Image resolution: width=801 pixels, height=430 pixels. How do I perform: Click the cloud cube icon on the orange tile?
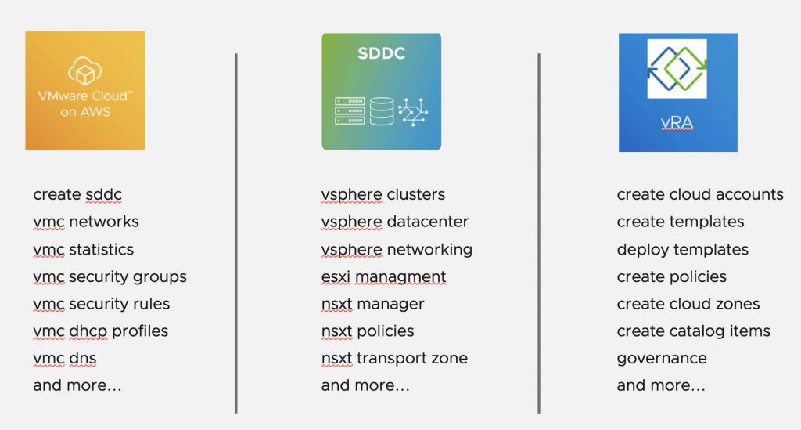[x=84, y=70]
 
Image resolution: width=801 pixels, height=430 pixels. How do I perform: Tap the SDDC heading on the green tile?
[x=381, y=53]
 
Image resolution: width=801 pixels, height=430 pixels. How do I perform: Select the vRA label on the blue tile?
[x=677, y=123]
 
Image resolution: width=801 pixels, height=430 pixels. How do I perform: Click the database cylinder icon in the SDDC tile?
[x=381, y=111]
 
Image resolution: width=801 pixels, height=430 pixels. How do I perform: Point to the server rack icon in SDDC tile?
[x=350, y=111]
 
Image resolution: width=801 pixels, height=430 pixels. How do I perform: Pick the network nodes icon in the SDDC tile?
[x=413, y=111]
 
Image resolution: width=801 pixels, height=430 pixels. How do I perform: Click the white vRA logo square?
[x=677, y=68]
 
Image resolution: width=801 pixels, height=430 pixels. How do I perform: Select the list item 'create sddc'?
[x=77, y=194]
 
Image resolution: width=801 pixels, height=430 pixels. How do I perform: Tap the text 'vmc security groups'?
[x=110, y=276]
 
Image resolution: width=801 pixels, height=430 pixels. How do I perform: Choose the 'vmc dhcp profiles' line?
[x=101, y=331]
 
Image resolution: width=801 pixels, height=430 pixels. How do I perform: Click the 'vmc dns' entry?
[x=64, y=359]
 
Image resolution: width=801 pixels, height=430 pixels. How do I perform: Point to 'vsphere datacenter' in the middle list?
[x=394, y=222]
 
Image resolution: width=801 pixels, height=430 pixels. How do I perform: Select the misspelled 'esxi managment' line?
[x=383, y=276]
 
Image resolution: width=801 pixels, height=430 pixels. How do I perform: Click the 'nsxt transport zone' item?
[x=394, y=358]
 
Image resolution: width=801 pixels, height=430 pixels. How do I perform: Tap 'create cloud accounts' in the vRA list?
[x=700, y=194]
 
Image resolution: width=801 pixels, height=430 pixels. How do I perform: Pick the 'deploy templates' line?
[x=682, y=250]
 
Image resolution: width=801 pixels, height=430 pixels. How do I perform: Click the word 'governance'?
[x=662, y=359]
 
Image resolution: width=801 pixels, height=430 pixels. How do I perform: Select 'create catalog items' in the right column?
[x=693, y=331]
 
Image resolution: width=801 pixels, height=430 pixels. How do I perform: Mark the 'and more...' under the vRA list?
[x=660, y=385]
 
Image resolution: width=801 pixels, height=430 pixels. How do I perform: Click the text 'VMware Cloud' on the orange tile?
[x=84, y=96]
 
